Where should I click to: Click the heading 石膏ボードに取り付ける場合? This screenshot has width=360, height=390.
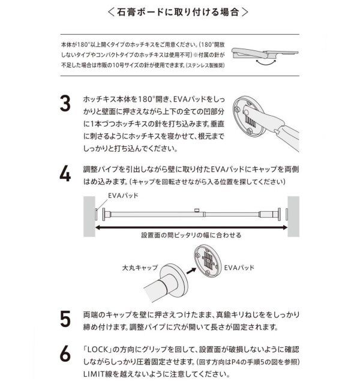179,12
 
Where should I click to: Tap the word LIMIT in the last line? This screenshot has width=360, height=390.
95,374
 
